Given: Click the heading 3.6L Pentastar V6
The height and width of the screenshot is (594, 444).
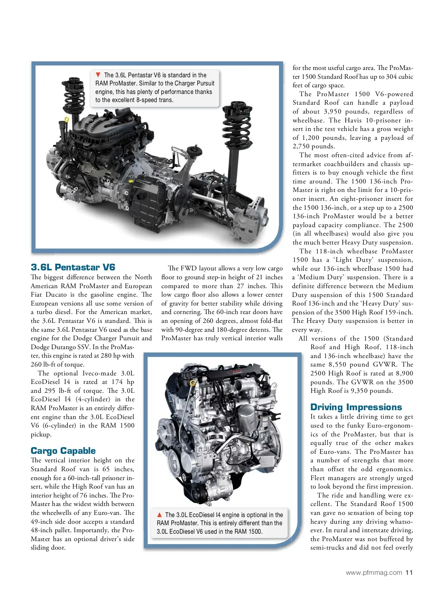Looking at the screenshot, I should click(x=73, y=267).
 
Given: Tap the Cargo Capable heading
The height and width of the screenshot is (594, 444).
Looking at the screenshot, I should click(x=63, y=450).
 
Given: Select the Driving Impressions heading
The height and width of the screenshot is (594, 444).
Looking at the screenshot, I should click(x=356, y=407).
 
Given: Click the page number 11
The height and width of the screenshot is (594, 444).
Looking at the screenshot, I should click(x=409, y=573).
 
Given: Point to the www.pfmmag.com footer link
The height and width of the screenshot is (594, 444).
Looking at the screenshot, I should click(x=374, y=573).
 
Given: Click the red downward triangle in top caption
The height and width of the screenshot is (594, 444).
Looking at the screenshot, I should click(x=98, y=75).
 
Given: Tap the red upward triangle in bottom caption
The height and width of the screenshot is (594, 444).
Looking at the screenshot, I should click(x=159, y=514).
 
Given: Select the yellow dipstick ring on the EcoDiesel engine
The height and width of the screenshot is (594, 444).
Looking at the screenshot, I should click(x=192, y=383).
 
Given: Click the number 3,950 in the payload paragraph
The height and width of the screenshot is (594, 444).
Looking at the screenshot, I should click(x=336, y=111).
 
